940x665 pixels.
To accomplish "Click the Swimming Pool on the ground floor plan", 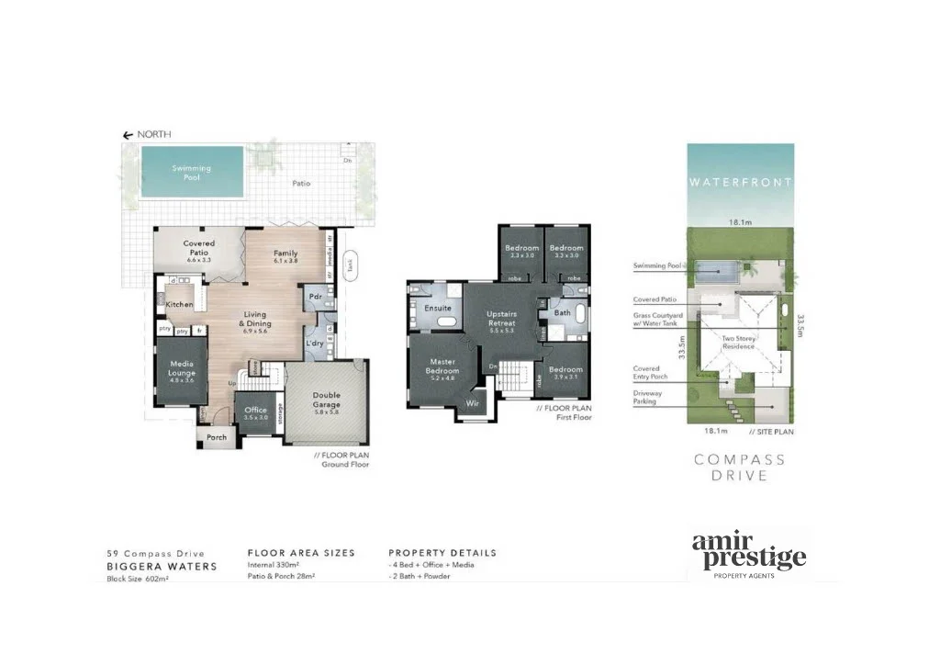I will [x=191, y=174].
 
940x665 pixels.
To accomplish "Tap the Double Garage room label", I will [x=326, y=400].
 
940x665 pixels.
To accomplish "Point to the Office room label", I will [x=255, y=410].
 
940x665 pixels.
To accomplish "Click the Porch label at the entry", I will [x=217, y=437].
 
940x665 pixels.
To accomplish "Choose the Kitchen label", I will [x=180, y=304].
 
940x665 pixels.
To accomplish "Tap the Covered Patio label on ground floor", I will [x=198, y=248].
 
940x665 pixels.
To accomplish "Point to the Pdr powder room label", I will [x=315, y=297].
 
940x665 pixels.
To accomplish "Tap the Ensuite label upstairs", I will [x=438, y=309].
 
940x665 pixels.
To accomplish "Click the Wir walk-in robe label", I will [x=473, y=402].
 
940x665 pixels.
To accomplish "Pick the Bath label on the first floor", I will [x=561, y=312].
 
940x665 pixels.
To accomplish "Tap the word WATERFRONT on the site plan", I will [x=740, y=183].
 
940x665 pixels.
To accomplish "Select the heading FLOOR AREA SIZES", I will [x=301, y=553].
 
